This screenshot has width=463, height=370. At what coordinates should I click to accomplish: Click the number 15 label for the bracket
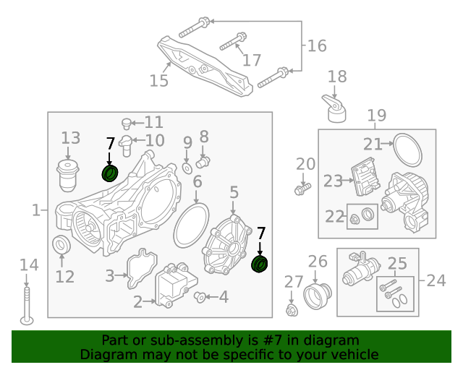(x=158, y=80)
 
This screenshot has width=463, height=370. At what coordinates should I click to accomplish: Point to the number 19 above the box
(x=376, y=116)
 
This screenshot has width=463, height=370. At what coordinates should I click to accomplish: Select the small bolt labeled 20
(x=302, y=189)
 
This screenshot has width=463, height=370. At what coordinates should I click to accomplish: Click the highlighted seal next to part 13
(x=110, y=174)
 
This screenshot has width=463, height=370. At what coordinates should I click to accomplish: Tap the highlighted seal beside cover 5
(x=260, y=264)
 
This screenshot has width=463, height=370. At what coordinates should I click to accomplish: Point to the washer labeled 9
(x=187, y=168)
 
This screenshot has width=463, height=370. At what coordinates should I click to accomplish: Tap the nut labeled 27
(x=292, y=310)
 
